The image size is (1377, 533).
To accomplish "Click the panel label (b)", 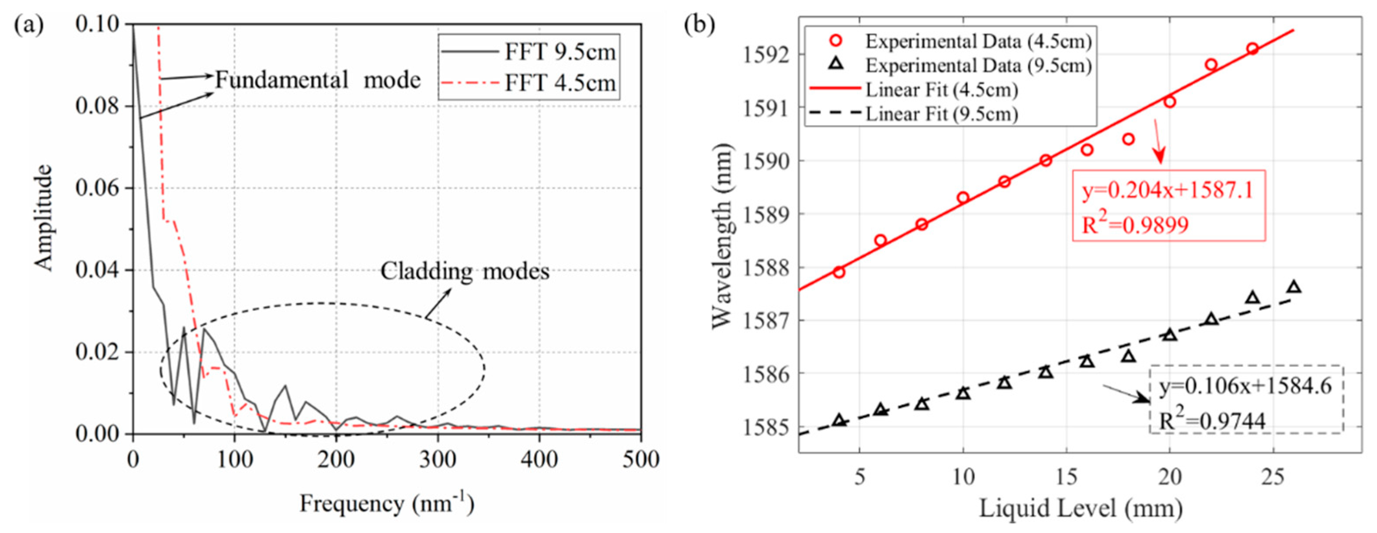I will [699, 25].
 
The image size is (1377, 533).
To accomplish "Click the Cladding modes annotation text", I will [465, 271].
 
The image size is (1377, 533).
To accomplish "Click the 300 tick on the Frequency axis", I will [437, 459].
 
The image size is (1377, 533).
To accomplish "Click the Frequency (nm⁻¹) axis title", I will [386, 504].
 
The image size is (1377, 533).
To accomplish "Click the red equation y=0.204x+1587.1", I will [1168, 190].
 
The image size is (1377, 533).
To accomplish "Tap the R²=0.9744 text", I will [1212, 421].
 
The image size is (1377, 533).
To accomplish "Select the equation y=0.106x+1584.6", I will [1245, 386].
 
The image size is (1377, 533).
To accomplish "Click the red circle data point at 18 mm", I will [1128, 139].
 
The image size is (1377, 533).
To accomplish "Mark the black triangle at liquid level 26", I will [1294, 287].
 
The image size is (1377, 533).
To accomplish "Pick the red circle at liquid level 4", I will [839, 272].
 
